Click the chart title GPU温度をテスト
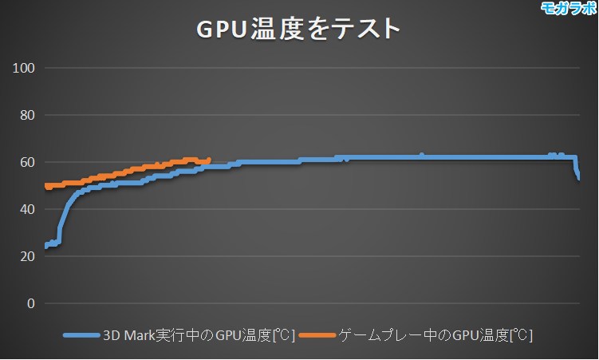298,29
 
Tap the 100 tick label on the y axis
24,68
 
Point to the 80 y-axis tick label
27,115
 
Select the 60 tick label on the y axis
27,162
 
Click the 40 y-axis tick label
27,209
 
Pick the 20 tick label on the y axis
27,256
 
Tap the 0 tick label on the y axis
31,303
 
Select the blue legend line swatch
81,335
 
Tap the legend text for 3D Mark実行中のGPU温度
199,335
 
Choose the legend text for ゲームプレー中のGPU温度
435,335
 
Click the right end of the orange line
208,160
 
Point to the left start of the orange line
46,186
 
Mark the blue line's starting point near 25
46,245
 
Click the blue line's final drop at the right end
577,174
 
